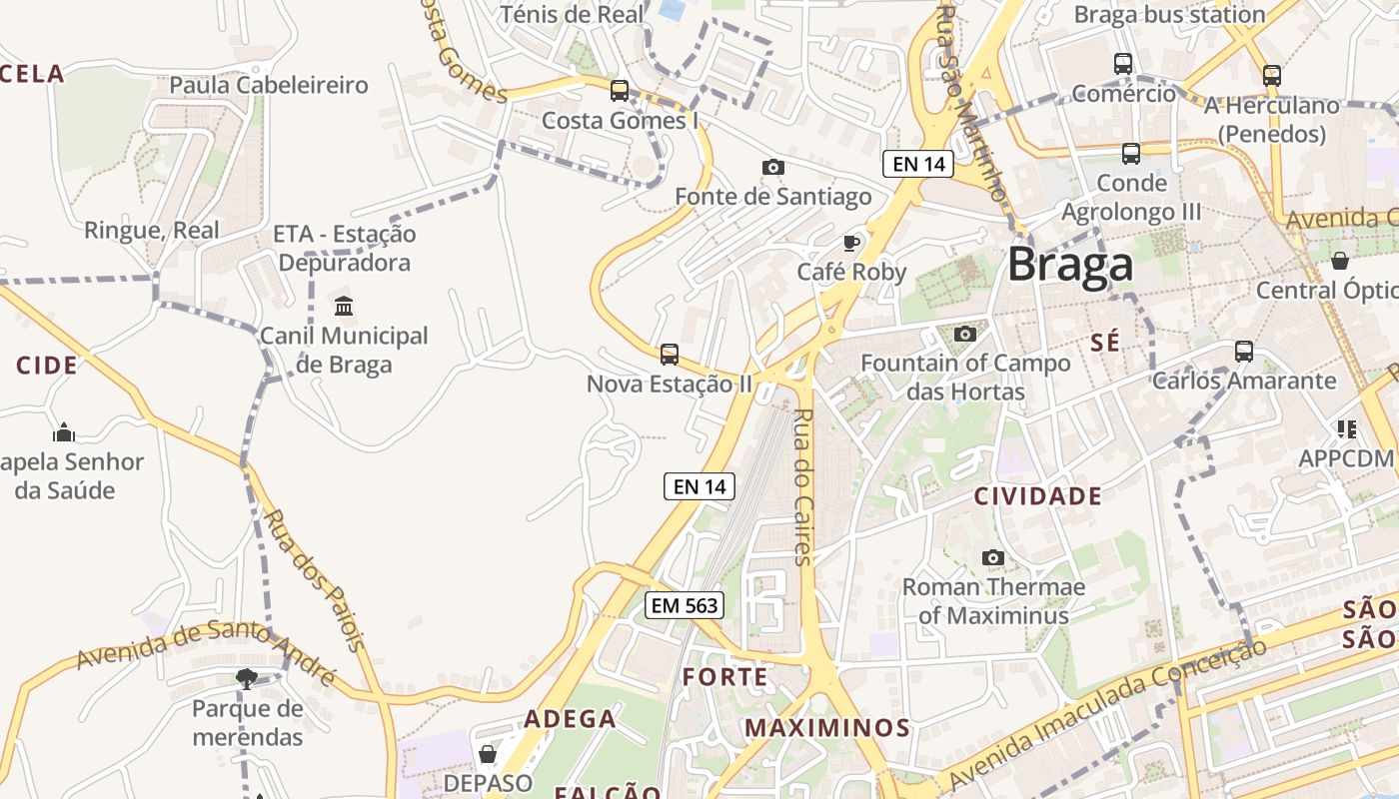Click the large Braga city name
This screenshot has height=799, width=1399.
[1070, 265]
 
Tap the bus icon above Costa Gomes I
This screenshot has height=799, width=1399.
[620, 91]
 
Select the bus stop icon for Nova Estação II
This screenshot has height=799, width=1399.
[670, 354]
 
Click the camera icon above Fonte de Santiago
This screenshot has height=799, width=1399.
[772, 167]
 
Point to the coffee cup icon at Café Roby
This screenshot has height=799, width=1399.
[851, 242]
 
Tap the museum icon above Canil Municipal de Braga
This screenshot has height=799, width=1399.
[344, 306]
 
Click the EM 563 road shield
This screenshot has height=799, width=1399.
[684, 605]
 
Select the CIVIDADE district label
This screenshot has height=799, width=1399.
[1038, 496]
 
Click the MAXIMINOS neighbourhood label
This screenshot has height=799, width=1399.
[827, 728]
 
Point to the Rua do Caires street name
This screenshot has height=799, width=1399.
[803, 487]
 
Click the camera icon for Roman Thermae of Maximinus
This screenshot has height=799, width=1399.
[992, 557]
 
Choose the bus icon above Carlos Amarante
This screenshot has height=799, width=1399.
[1244, 351]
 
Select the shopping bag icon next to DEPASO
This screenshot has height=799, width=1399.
[488, 753]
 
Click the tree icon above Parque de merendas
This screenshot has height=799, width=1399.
[246, 679]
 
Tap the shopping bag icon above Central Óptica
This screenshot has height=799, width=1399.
[1340, 261]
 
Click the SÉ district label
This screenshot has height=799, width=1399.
[1105, 343]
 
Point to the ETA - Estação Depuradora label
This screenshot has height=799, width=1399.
[345, 249]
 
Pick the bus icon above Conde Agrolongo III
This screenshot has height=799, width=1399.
[1131, 153]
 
